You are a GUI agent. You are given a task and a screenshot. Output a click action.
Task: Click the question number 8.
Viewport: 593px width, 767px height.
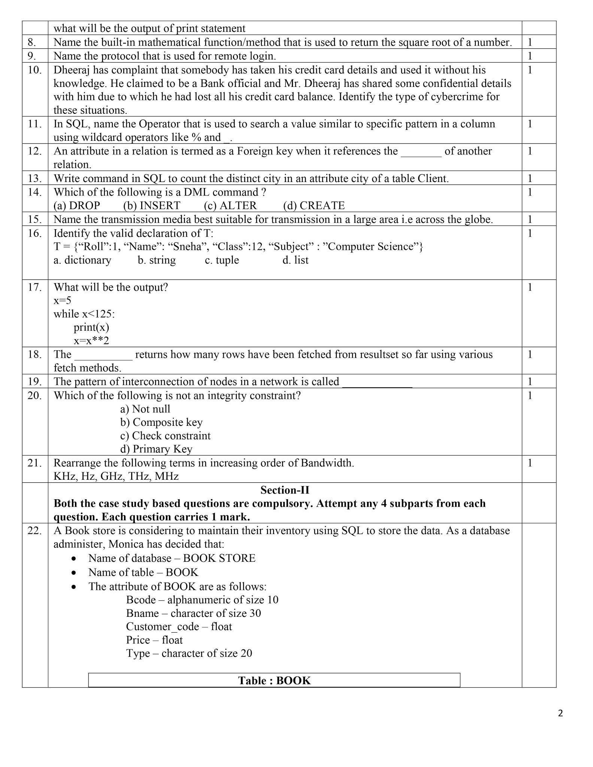pyautogui.click(x=31, y=42)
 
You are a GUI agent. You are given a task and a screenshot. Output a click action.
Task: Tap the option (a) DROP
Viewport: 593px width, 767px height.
pyautogui.click(x=77, y=206)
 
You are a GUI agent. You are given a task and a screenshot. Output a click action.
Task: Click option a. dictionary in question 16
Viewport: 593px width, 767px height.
pyautogui.click(x=82, y=260)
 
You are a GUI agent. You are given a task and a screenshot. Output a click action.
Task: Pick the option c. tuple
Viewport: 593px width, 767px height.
pyautogui.click(x=221, y=260)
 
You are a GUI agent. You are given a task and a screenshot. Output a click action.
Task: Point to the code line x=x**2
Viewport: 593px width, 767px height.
pyautogui.click(x=91, y=341)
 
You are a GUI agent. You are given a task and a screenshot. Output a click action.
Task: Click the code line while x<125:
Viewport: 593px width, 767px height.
pyautogui.click(x=84, y=314)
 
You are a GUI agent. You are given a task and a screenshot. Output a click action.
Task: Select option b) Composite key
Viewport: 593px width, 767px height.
pyautogui.click(x=161, y=422)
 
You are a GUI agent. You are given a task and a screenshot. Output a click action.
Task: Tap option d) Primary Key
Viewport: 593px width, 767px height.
pyautogui.click(x=156, y=449)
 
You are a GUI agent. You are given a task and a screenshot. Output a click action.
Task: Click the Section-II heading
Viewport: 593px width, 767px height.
pyautogui.click(x=284, y=490)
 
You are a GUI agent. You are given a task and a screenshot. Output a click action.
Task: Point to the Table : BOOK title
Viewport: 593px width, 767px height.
pyautogui.click(x=274, y=680)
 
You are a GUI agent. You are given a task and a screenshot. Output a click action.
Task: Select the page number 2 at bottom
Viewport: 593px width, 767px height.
pyautogui.click(x=560, y=713)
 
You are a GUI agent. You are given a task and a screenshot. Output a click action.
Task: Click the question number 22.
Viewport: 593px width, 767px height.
pyautogui.click(x=34, y=531)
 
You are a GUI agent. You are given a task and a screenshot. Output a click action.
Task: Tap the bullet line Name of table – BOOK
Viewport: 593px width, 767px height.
pyautogui.click(x=143, y=572)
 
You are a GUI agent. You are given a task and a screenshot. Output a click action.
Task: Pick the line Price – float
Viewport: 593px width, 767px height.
pyautogui.click(x=154, y=640)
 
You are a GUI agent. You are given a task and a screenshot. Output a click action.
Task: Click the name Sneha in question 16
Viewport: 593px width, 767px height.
pyautogui.click(x=191, y=246)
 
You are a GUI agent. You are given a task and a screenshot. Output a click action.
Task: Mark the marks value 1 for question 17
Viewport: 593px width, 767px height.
pyautogui.click(x=530, y=287)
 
